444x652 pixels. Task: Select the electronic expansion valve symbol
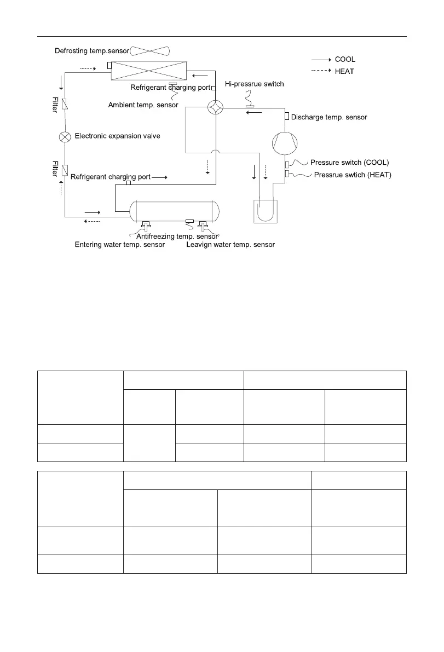(x=65, y=136)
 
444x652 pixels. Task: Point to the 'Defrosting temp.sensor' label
(x=92, y=51)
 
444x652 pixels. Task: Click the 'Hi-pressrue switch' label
(x=255, y=84)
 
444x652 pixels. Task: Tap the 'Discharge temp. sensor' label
(x=329, y=117)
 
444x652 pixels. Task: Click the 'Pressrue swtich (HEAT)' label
(x=353, y=175)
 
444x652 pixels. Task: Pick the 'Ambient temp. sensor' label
(x=143, y=105)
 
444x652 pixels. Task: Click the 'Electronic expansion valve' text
(x=117, y=136)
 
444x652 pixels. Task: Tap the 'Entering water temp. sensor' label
(x=120, y=245)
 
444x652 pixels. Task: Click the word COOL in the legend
(x=345, y=59)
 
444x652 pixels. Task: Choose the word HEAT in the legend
(x=344, y=72)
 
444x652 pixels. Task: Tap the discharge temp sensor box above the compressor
(x=287, y=116)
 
